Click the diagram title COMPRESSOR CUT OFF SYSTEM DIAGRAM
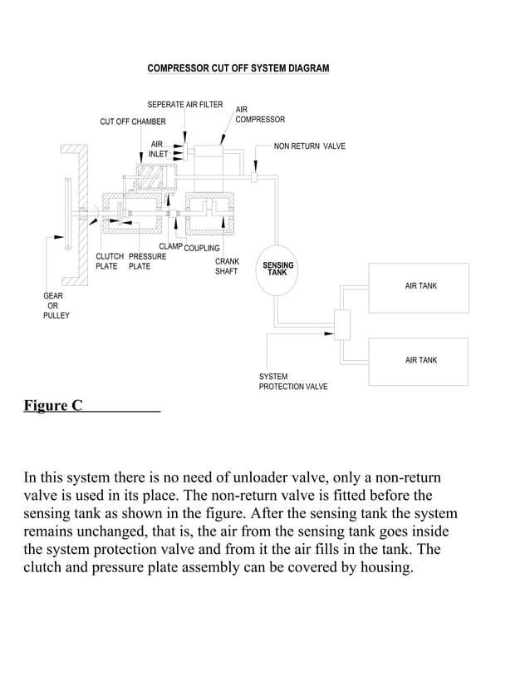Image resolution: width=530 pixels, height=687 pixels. point(238,68)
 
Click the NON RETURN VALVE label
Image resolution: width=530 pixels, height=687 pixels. point(309,146)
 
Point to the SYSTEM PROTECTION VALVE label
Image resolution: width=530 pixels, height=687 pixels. point(293,382)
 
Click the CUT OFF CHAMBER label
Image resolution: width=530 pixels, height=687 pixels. point(133,122)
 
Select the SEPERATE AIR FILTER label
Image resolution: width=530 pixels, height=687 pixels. point(185,105)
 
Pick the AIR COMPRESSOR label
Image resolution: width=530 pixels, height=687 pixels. point(260,115)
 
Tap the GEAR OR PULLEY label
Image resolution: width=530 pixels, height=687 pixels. point(56,305)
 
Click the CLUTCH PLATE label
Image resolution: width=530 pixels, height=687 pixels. point(107,261)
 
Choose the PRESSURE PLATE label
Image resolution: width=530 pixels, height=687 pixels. point(147,261)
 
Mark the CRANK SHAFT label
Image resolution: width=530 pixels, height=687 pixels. point(227,266)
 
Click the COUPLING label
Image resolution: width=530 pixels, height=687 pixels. point(202,248)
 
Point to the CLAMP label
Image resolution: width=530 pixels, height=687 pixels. point(170,246)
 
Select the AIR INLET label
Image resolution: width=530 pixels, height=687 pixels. point(158,149)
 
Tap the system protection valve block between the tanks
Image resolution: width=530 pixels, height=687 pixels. point(341,324)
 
